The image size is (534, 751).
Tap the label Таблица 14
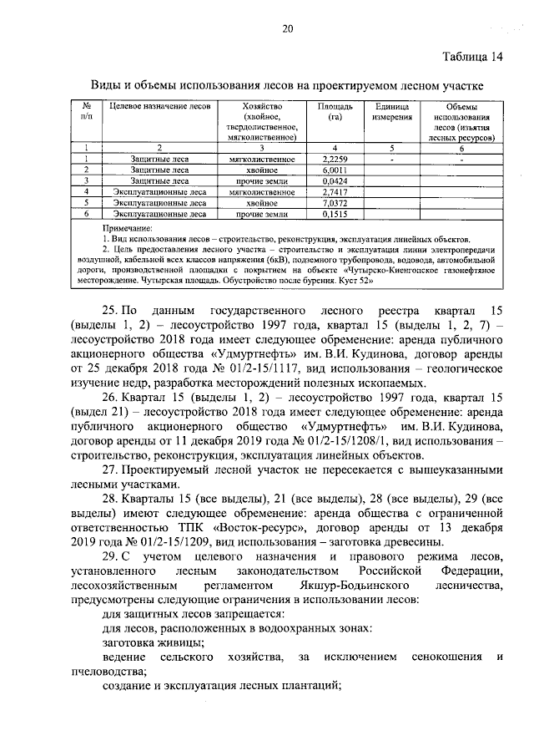471,57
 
